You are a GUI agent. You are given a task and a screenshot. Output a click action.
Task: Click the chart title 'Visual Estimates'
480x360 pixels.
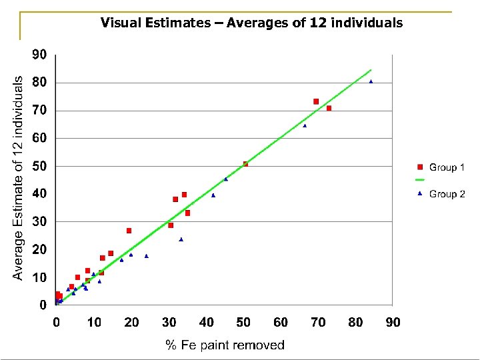[251, 23]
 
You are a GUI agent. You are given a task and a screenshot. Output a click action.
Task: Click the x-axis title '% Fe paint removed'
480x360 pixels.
[225, 345]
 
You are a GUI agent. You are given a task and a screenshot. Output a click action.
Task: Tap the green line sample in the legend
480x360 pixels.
[420, 180]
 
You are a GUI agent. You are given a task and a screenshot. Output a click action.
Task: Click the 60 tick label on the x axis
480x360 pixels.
[281, 323]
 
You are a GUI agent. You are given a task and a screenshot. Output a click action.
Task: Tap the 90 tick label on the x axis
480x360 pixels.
[393, 323]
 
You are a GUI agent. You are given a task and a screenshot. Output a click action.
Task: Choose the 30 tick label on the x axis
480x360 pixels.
[169, 323]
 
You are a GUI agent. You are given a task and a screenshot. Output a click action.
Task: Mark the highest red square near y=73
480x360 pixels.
[316, 101]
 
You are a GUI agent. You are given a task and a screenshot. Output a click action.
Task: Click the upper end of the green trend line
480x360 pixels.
[371, 70]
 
